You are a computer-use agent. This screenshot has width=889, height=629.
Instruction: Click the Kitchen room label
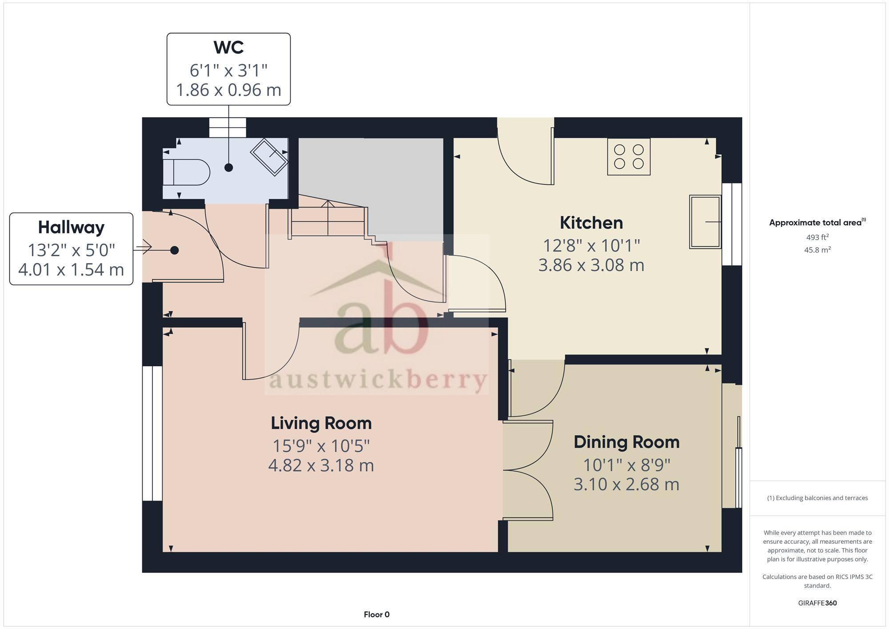point(591,223)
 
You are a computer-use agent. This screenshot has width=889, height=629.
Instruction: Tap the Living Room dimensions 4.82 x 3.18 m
point(321,465)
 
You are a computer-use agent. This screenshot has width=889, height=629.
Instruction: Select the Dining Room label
point(626,442)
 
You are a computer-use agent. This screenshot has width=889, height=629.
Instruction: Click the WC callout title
point(228,47)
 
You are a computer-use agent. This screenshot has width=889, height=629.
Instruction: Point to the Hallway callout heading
point(71,227)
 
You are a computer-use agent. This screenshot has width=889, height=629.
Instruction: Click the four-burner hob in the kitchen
point(629,156)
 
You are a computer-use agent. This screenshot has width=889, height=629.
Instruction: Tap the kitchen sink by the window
point(705,221)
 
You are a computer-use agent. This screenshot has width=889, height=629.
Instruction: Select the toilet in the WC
point(186,172)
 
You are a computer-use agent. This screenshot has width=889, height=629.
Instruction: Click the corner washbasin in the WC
point(269,157)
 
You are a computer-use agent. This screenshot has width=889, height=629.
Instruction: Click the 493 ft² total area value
point(817,237)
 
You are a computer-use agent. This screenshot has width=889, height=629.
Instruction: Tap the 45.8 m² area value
point(817,250)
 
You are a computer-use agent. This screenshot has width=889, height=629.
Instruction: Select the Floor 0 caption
point(376,614)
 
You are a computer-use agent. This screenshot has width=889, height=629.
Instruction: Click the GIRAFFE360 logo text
point(817,603)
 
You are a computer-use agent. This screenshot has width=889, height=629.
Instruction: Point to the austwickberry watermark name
point(378,380)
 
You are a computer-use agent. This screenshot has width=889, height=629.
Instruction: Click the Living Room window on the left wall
point(152,433)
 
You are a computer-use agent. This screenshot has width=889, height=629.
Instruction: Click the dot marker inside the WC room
point(228,168)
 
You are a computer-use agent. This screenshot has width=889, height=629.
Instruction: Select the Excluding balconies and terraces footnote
point(817,498)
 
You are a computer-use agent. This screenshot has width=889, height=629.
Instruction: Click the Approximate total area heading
point(816,223)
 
